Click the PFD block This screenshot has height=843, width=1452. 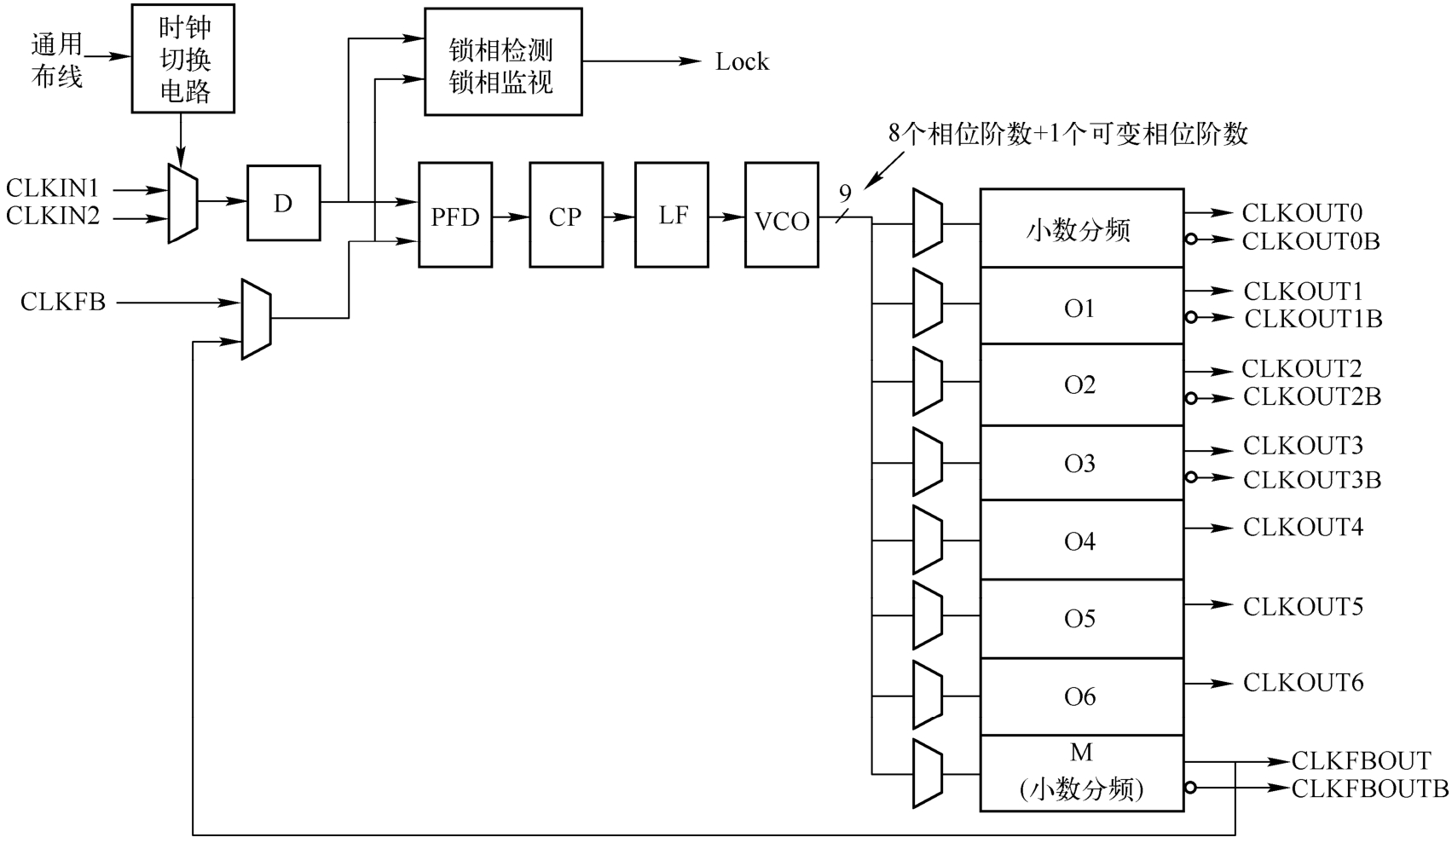pyautogui.click(x=455, y=216)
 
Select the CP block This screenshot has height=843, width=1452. pyautogui.click(x=565, y=216)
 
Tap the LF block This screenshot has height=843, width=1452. pyautogui.click(x=672, y=216)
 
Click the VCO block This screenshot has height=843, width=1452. pyautogui.click(x=781, y=216)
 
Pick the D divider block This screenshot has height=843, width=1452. pyautogui.click(x=283, y=203)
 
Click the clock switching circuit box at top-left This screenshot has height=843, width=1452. pyautogui.click(x=183, y=59)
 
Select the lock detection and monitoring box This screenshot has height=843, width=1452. pyautogui.click(x=503, y=62)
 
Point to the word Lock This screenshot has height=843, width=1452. pyautogui.click(x=742, y=62)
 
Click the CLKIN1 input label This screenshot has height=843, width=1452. pyautogui.click(x=53, y=188)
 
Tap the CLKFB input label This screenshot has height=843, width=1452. pyautogui.click(x=63, y=302)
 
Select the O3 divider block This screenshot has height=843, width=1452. pyautogui.click(x=1080, y=463)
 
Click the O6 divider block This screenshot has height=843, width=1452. pyautogui.click(x=1080, y=696)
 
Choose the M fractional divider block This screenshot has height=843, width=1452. pyautogui.click(x=1080, y=773)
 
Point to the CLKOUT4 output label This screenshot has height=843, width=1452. pyautogui.click(x=1303, y=528)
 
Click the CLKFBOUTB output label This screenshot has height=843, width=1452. pyautogui.click(x=1369, y=788)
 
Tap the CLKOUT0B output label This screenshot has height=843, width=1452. pyautogui.click(x=1310, y=241)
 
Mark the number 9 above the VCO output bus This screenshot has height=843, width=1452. pyautogui.click(x=845, y=193)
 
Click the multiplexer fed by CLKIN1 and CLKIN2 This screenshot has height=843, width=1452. pyautogui.click(x=183, y=204)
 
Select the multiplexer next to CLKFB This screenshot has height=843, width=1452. pyautogui.click(x=256, y=319)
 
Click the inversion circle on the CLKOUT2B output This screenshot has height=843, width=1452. pyautogui.click(x=1191, y=398)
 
